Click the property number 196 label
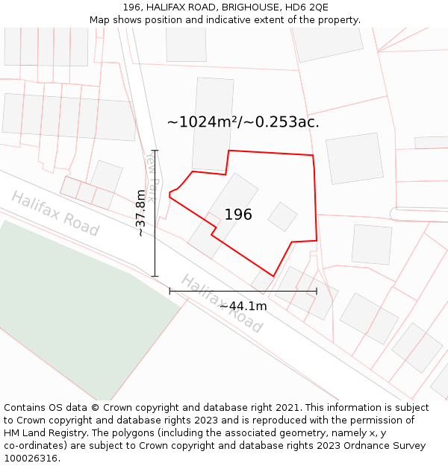(x=238, y=215)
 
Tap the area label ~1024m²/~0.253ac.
(x=243, y=122)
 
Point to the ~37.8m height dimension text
(x=140, y=213)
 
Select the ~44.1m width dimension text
(x=243, y=306)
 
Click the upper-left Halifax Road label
(x=55, y=214)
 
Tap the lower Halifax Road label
(x=222, y=303)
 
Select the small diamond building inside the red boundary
(x=282, y=216)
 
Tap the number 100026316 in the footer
(x=31, y=459)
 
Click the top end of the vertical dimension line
(x=155, y=151)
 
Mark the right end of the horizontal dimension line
(x=317, y=291)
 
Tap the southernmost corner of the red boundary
(x=273, y=277)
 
